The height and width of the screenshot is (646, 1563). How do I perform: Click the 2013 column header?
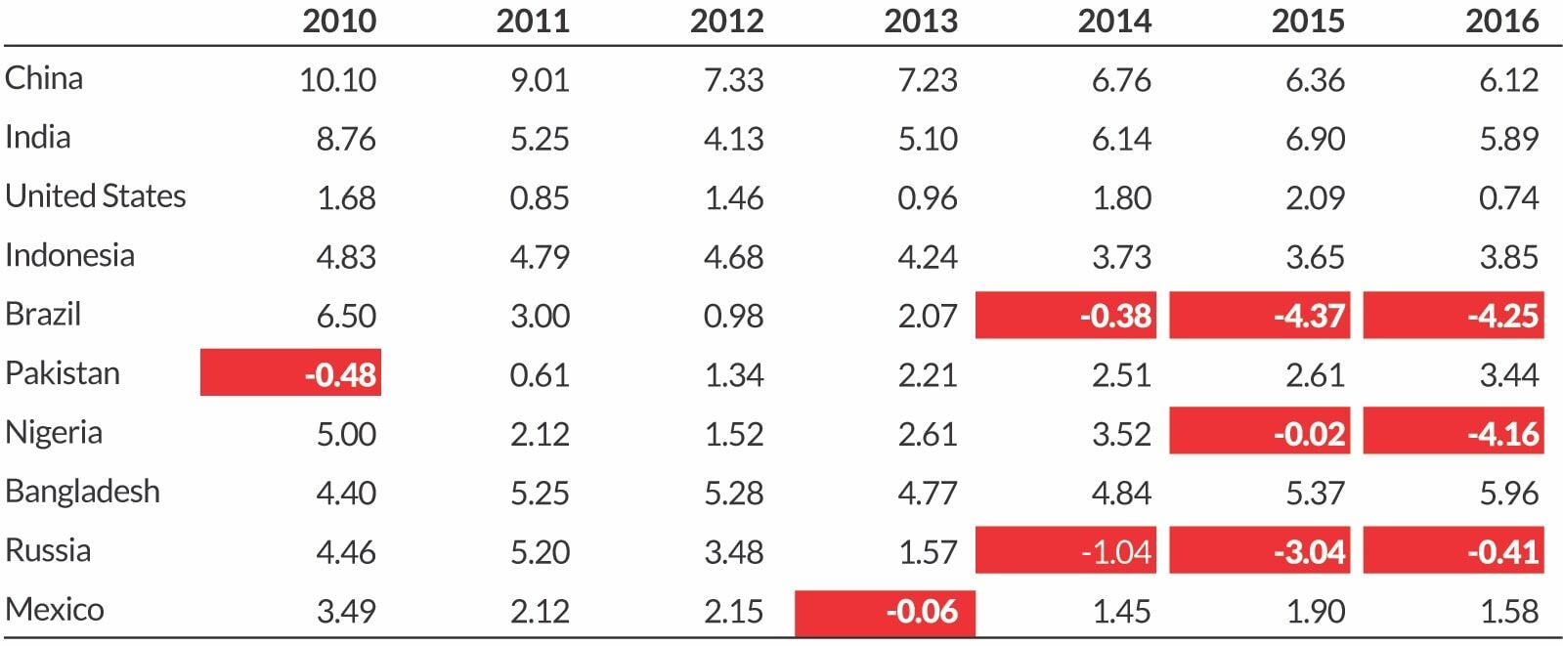click(x=920, y=22)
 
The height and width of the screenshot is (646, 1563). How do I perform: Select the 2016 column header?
click(x=1501, y=22)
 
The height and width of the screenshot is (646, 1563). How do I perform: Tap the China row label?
click(x=44, y=78)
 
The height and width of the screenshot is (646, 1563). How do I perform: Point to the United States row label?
click(x=96, y=196)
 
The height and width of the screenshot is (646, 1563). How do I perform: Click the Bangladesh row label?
click(x=82, y=492)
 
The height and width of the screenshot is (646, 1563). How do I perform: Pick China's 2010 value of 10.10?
click(x=337, y=80)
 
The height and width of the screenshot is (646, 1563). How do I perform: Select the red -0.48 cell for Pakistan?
click(x=290, y=373)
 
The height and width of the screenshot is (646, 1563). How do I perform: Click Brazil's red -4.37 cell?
click(x=1259, y=316)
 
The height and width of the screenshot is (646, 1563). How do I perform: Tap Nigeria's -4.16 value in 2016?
click(x=1454, y=433)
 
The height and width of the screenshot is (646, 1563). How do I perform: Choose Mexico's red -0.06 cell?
click(x=885, y=612)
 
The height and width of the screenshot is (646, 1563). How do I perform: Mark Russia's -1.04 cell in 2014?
click(x=1065, y=552)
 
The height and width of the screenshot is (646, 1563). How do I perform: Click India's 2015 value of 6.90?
click(x=1315, y=139)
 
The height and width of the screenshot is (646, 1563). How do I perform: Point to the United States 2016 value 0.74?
click(x=1508, y=198)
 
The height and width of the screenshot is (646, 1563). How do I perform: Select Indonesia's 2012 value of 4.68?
click(x=733, y=257)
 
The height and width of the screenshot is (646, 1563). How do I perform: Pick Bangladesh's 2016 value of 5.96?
click(x=1508, y=494)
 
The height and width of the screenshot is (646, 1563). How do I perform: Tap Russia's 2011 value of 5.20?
click(x=540, y=552)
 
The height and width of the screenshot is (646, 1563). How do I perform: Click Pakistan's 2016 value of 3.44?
click(x=1508, y=375)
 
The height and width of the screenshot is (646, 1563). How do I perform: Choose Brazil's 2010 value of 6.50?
click(x=346, y=316)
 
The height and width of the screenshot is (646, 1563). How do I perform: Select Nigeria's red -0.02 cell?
click(x=1259, y=433)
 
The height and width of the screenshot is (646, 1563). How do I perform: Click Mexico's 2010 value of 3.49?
click(x=346, y=612)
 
